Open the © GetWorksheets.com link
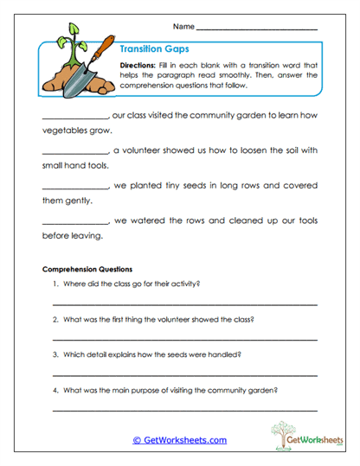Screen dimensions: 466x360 [x=179, y=440]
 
